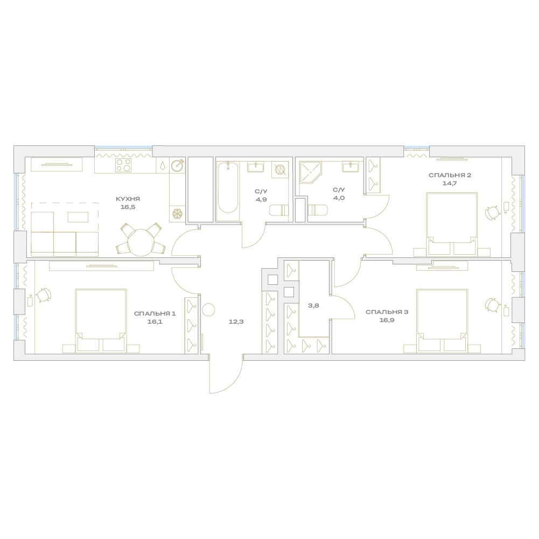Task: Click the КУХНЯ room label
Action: pyautogui.click(x=128, y=199)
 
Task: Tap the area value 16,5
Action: pyautogui.click(x=128, y=207)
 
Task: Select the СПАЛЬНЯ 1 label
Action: pyautogui.click(x=155, y=313)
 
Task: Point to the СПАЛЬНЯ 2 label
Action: pyautogui.click(x=450, y=176)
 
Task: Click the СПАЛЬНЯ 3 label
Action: pyautogui.click(x=387, y=312)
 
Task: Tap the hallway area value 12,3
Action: pyautogui.click(x=236, y=322)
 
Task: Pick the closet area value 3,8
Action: pyautogui.click(x=314, y=305)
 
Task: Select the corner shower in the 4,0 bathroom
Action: pyautogui.click(x=311, y=172)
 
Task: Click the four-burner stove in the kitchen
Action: pyautogui.click(x=123, y=165)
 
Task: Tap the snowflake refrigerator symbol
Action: pyautogui.click(x=177, y=214)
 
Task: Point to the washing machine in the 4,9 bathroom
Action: pyautogui.click(x=280, y=170)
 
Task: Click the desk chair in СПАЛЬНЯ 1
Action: pyautogui.click(x=44, y=295)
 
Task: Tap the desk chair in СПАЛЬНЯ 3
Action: pyautogui.click(x=493, y=305)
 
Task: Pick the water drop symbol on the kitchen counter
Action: pyautogui.click(x=163, y=165)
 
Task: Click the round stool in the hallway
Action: pyautogui.click(x=208, y=310)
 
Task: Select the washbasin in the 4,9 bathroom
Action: pyautogui.click(x=256, y=167)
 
